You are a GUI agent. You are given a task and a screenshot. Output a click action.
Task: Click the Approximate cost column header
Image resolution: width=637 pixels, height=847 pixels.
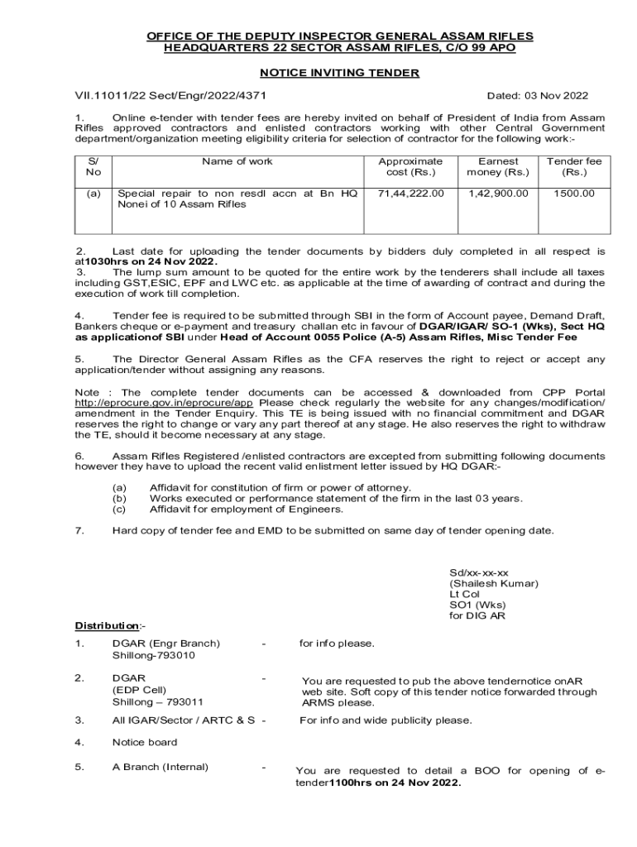click(x=410, y=166)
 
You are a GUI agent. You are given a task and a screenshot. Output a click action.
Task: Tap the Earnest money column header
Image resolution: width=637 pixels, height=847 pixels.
click(x=498, y=166)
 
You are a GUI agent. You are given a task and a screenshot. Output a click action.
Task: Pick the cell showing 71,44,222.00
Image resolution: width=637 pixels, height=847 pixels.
click(x=411, y=193)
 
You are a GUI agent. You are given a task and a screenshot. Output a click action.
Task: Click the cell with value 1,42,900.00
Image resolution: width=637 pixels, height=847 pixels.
click(x=498, y=193)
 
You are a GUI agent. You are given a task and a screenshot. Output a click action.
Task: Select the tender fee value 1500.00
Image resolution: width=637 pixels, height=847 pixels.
click(x=574, y=193)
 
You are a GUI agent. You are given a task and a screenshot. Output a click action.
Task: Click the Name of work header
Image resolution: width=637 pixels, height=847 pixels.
click(x=237, y=161)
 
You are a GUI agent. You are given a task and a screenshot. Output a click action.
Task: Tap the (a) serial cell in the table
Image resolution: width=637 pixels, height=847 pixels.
click(x=93, y=193)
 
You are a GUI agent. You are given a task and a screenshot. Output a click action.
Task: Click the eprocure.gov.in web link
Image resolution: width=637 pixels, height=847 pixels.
click(x=163, y=402)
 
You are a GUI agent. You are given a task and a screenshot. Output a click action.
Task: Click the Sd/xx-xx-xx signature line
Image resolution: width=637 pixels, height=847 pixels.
click(x=479, y=572)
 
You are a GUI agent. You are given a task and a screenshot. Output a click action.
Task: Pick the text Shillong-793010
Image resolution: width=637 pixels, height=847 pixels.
click(x=153, y=655)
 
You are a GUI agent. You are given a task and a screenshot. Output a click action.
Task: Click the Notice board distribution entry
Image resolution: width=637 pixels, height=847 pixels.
click(x=145, y=742)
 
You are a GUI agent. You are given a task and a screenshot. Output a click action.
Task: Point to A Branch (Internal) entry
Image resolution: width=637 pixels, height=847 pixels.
click(x=160, y=767)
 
